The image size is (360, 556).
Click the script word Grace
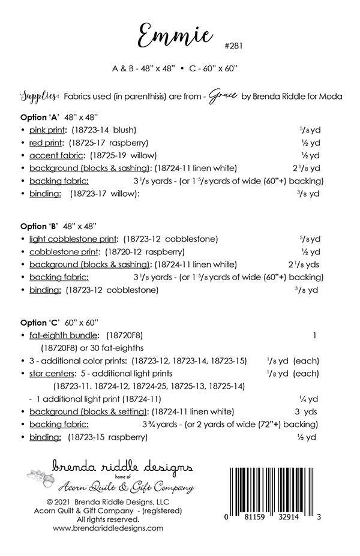click(223, 97)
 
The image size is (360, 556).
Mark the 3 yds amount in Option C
click(305, 411)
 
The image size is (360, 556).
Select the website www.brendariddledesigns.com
click(108, 528)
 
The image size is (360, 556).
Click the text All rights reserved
click(108, 519)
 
